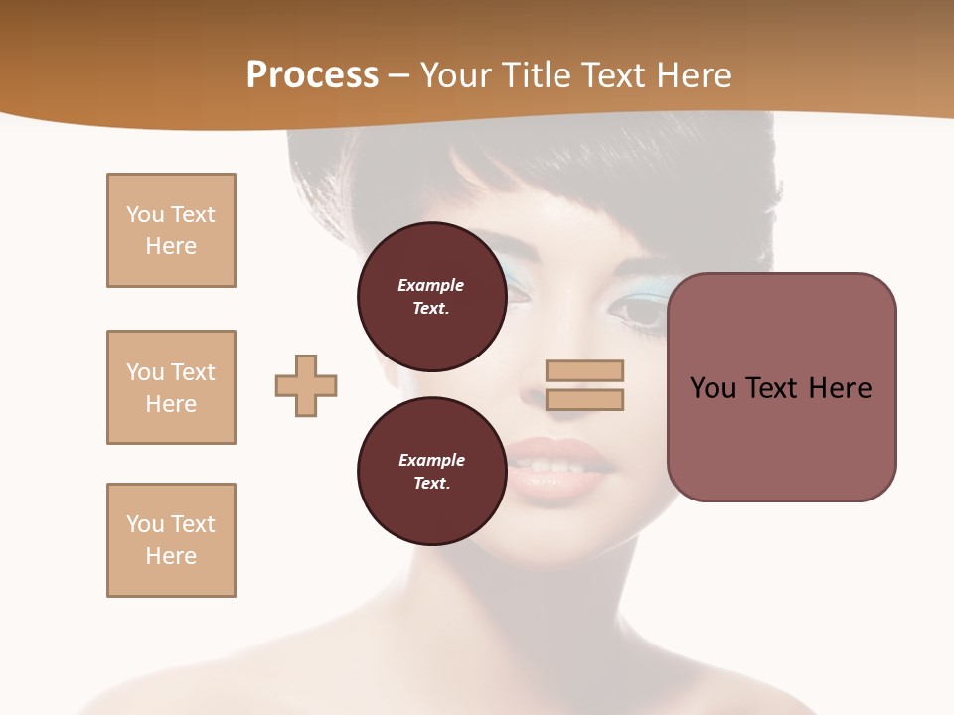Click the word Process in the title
tap(312, 75)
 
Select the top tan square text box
tap(171, 230)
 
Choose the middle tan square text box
tap(171, 387)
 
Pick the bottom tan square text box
tap(171, 540)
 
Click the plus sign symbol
tap(306, 385)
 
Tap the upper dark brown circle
tap(431, 297)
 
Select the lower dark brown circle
tap(431, 472)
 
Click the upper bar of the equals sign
tap(584, 370)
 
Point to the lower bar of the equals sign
tap(584, 399)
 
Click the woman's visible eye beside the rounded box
tap(637, 310)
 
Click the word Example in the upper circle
tap(431, 285)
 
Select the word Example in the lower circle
tap(431, 460)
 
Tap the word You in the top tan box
tap(145, 214)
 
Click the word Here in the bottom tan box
tap(171, 556)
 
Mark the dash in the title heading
tap(399, 75)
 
